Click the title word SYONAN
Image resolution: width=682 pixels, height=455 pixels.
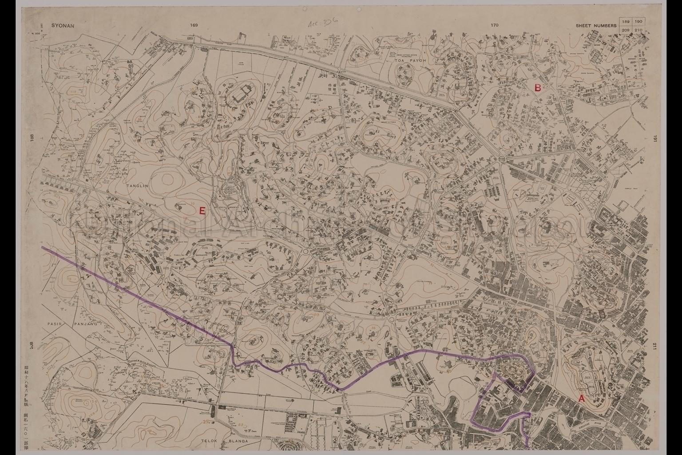pos(63,26)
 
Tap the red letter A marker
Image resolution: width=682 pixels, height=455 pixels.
pos(581,399)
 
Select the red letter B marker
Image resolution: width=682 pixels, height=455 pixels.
pos(537,88)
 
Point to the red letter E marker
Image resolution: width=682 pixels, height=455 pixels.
pos(202,211)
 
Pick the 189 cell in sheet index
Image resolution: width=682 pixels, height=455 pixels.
pos(626,22)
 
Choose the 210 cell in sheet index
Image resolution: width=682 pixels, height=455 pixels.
pos(638,29)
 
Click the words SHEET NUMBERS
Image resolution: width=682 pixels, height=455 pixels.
pos(596,26)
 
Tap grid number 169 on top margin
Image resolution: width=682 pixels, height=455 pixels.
pos(193,25)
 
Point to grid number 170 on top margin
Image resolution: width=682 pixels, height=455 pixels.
pos(495,25)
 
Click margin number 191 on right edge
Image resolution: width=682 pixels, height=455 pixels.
pos(654,140)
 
